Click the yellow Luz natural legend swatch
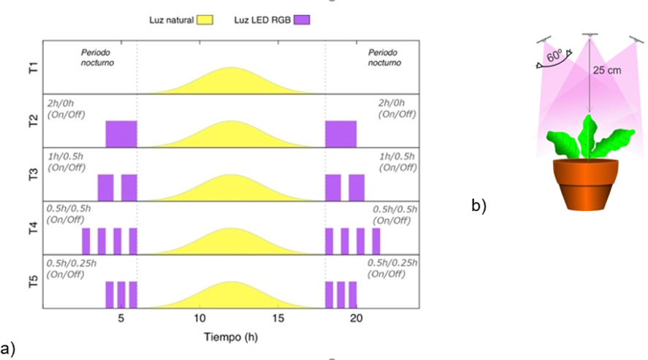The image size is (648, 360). coord(205,20)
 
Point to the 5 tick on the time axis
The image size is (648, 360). coord(121,318)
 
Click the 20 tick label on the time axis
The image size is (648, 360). coord(356,318)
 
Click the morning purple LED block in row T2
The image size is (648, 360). coord(121,134)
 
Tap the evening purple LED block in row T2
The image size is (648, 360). coord(340,134)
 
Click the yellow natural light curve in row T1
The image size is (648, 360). coord(231,83)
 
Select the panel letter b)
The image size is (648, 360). coord(479,206)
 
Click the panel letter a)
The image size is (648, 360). coord(9,348)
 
